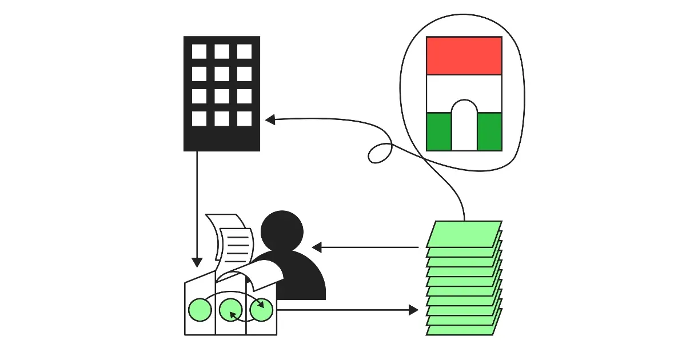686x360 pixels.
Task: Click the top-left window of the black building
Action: (199, 51)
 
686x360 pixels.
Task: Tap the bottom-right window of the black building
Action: (245, 118)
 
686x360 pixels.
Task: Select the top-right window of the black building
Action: (245, 51)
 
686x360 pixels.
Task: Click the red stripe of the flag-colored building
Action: (464, 55)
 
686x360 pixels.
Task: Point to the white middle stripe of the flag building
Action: (464, 89)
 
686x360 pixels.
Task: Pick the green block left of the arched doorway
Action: (438, 131)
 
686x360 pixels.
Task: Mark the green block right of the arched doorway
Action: (490, 131)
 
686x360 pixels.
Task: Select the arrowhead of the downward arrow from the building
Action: (197, 262)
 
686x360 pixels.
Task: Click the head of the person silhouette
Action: (282, 230)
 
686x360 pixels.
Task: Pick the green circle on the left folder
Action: (200, 310)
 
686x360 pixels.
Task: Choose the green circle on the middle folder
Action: (230, 310)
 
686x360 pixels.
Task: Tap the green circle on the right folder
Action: (261, 310)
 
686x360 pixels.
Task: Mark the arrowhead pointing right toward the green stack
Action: (413, 310)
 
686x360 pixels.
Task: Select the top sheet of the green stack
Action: (464, 234)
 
